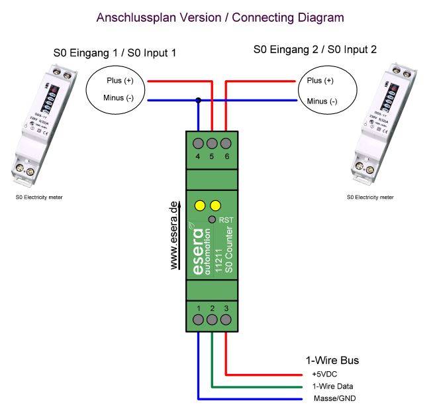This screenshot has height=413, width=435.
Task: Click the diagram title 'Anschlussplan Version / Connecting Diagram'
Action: click(220, 17)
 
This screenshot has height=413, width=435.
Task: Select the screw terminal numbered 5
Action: click(213, 143)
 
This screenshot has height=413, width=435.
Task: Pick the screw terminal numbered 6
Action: click(226, 143)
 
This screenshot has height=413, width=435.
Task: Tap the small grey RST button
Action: click(211, 219)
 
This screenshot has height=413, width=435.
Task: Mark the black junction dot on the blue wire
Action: click(199, 101)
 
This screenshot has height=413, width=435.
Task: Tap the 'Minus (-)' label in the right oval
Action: click(322, 101)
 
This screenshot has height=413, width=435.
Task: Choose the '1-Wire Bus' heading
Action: click(332, 361)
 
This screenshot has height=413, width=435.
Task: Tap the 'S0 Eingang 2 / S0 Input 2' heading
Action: click(315, 50)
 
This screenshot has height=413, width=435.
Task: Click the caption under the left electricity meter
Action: click(40, 197)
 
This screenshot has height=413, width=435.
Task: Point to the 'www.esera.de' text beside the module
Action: click(175, 235)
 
